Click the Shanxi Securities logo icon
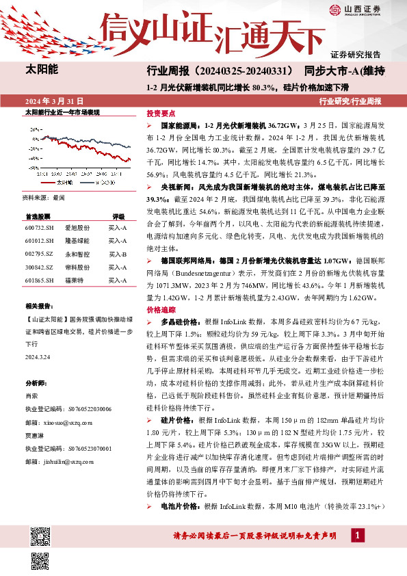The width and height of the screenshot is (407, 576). (334, 9)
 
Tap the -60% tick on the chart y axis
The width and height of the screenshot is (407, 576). (32, 168)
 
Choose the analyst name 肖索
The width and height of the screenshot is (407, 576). (32, 395)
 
